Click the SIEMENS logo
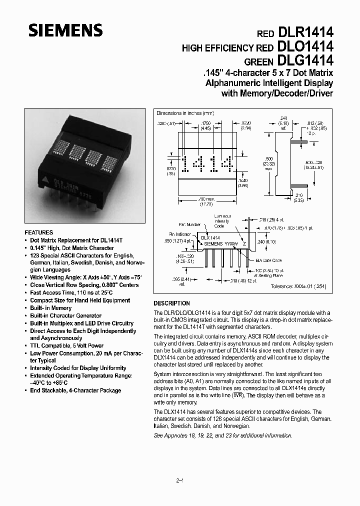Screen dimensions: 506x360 (65, 31)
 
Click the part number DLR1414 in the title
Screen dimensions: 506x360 (303, 33)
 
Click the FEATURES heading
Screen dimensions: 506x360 (38, 232)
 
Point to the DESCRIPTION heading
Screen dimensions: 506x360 (171, 303)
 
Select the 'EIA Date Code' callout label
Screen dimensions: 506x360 (269, 260)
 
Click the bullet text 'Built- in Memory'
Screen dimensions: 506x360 (50, 308)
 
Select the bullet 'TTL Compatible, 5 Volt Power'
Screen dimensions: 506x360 (66, 345)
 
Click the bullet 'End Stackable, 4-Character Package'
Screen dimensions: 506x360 (75, 390)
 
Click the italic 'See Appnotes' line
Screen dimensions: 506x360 (222, 435)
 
